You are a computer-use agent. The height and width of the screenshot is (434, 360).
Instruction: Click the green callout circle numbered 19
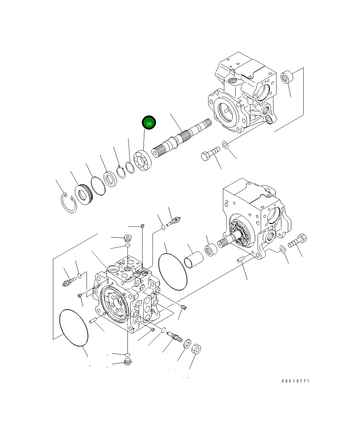(149, 123)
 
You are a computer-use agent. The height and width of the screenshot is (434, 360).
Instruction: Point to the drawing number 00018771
(295, 381)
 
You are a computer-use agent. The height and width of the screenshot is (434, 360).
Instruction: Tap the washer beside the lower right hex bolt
(283, 249)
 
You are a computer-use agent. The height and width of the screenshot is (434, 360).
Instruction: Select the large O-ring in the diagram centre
(173, 272)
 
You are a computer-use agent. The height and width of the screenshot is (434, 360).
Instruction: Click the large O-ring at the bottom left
(74, 327)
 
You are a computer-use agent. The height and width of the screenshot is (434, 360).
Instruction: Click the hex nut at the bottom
(196, 350)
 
